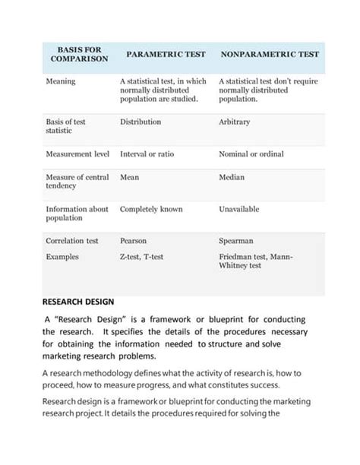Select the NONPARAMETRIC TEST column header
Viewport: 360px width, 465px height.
coord(270,55)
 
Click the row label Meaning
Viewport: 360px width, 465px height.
coord(61,81)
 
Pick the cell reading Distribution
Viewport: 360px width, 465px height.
coord(141,122)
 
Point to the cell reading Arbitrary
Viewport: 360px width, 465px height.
coord(235,122)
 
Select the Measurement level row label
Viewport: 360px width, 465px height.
coord(78,154)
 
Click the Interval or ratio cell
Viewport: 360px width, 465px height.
coord(147,154)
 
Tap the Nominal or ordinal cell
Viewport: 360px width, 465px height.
coord(251,154)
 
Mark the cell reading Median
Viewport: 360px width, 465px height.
coord(232,177)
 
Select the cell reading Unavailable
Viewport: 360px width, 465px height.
coord(239,209)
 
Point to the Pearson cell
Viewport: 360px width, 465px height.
coord(134,241)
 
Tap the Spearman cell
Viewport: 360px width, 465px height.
coord(236,241)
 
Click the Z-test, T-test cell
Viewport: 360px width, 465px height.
coord(142,258)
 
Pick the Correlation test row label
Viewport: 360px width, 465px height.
coord(72,241)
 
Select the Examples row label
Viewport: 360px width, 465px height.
coord(62,258)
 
